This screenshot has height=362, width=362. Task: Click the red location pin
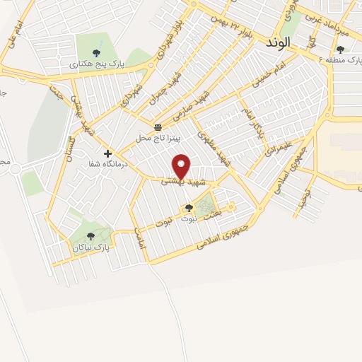tap(182, 166)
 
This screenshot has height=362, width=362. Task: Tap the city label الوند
tap(278, 42)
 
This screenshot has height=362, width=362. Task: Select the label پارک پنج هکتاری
tap(96, 64)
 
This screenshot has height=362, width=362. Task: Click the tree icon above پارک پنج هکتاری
tap(96, 52)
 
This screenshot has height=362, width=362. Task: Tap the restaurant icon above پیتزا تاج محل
tap(157, 127)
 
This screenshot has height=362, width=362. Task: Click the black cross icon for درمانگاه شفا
tap(107, 153)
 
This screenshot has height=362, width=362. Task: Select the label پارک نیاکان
tap(90, 247)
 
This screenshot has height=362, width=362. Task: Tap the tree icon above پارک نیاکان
tap(90, 236)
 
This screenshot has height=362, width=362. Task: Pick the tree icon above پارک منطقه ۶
tap(340, 49)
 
